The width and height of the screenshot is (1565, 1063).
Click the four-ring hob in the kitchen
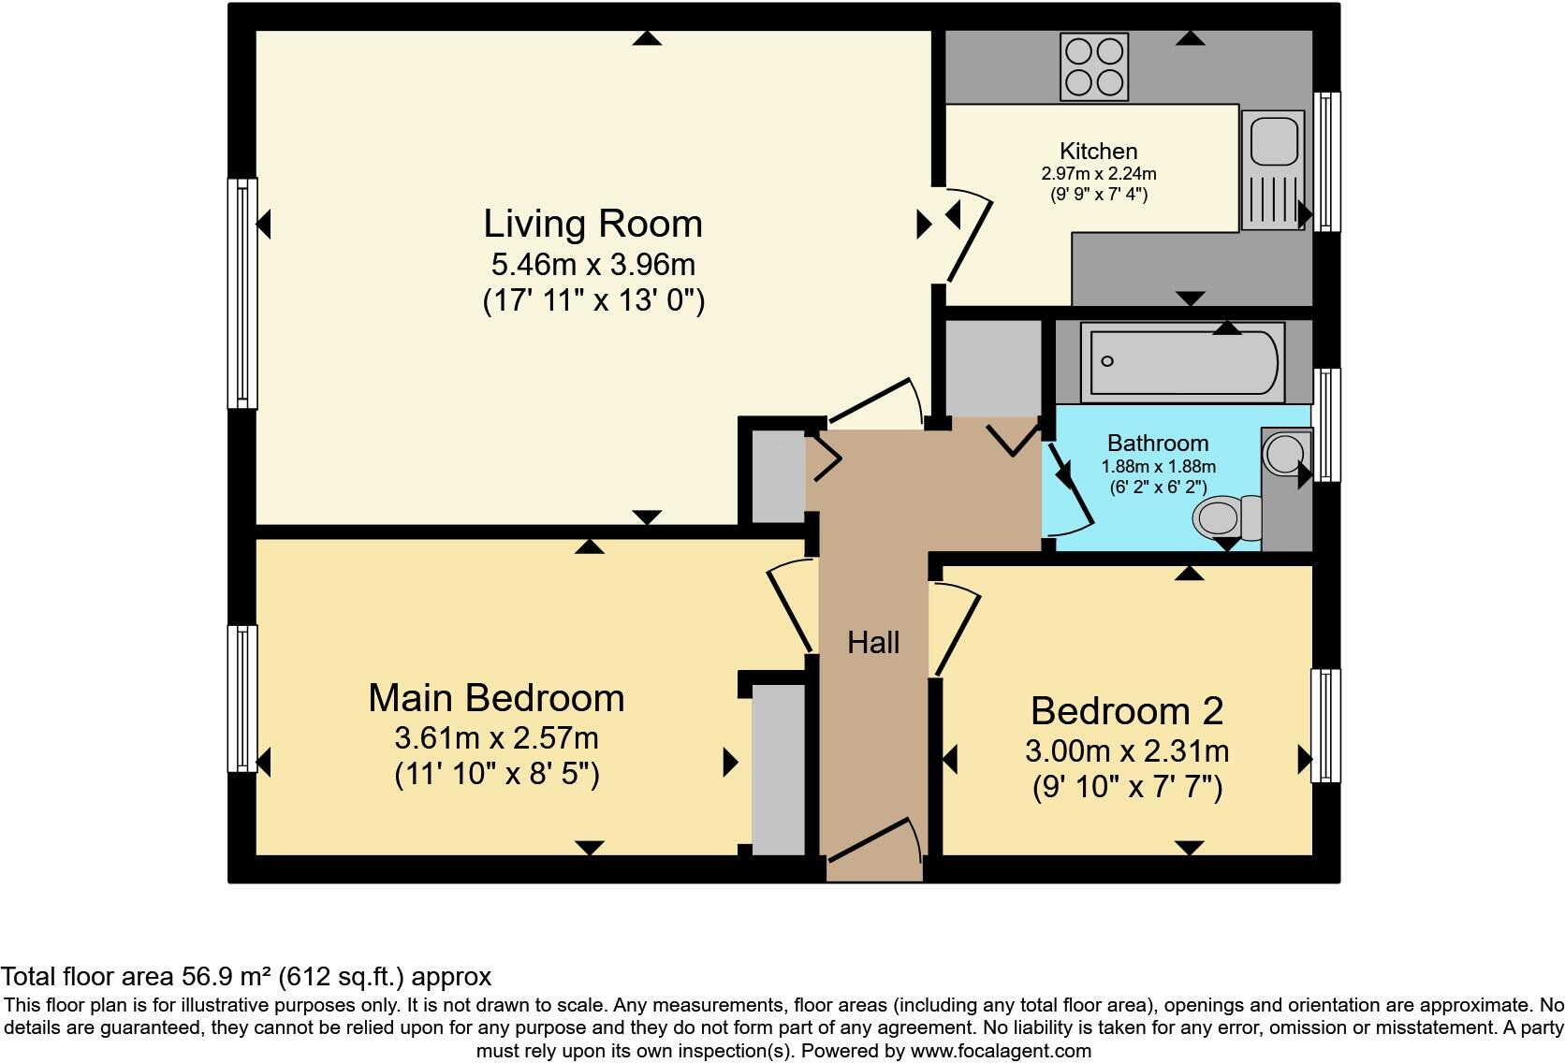click(1093, 66)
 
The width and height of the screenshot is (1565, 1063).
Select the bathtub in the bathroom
click(1181, 362)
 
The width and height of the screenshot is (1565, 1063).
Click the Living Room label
click(592, 224)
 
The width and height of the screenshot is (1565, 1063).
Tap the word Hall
click(872, 642)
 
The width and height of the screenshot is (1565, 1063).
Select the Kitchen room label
click(1098, 151)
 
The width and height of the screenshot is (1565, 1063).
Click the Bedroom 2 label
click(1126, 711)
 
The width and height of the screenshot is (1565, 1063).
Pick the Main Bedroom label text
click(496, 698)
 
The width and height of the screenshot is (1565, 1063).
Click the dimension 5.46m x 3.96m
click(592, 264)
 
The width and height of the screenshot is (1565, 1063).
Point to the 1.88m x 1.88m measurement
click(1158, 466)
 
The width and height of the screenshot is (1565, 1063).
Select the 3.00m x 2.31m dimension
click(1126, 750)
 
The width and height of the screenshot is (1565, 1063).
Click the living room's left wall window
click(242, 293)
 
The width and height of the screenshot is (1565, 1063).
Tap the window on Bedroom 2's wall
click(1324, 725)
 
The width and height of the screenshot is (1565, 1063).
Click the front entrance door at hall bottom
click(873, 847)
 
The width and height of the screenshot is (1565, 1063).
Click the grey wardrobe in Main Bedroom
click(779, 769)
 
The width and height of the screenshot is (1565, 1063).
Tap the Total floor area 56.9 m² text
click(245, 977)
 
